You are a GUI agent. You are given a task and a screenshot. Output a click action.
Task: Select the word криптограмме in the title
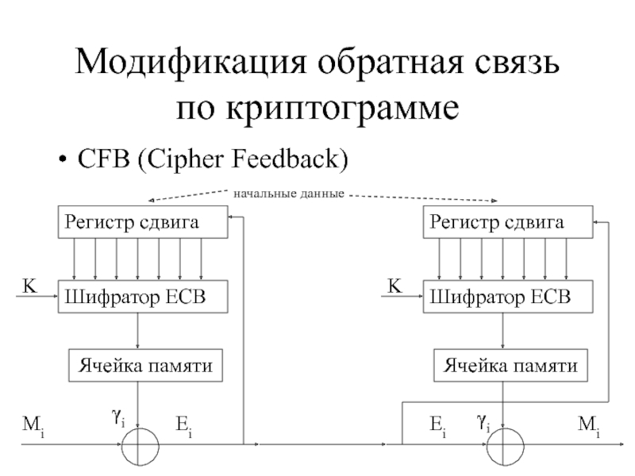click(342, 109)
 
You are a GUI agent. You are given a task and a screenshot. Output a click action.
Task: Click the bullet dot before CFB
click(62, 159)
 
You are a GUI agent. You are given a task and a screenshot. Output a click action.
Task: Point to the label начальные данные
click(289, 194)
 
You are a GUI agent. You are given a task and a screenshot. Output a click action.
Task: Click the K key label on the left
click(29, 286)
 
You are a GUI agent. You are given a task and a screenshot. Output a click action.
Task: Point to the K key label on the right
click(394, 286)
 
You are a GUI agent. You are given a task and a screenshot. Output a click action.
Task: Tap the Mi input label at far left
click(33, 426)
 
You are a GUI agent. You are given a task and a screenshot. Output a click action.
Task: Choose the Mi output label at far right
click(589, 426)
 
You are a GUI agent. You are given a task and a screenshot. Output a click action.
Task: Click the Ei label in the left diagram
click(184, 426)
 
